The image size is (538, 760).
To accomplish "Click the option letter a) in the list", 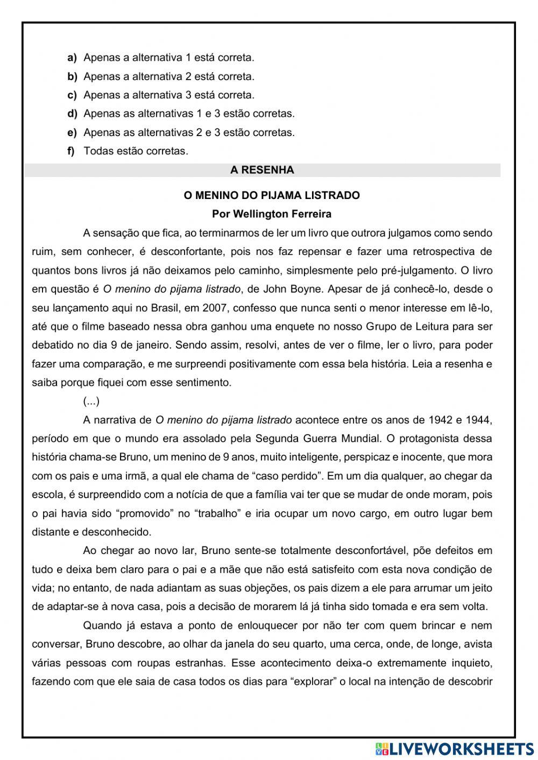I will [x=72, y=58].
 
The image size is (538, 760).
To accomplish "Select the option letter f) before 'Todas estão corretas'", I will [x=71, y=151].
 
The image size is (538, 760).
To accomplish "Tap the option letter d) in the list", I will [x=72, y=114].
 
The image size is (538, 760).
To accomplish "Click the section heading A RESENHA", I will [x=262, y=171].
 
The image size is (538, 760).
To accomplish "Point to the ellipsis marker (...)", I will [x=91, y=401].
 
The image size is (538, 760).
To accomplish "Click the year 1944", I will [x=479, y=420].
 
